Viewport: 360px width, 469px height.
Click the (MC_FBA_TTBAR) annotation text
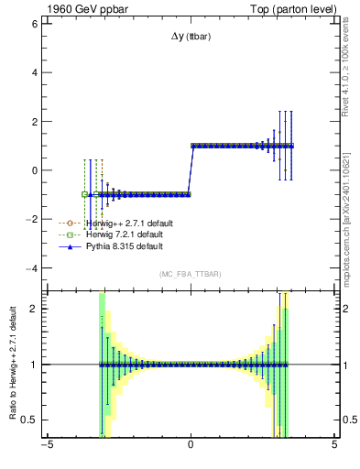pyautogui.click(x=190, y=275)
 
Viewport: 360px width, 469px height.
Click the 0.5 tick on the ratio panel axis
pyautogui.click(x=28, y=420)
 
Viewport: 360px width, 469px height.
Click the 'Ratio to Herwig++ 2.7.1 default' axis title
pyautogui.click(x=12, y=366)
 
